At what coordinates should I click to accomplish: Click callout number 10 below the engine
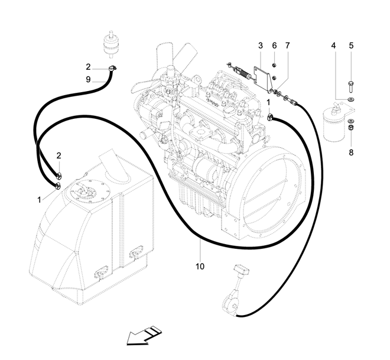200,267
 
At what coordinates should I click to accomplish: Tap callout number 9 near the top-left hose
88,79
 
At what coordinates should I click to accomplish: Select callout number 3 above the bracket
260,46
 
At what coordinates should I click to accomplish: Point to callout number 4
333,46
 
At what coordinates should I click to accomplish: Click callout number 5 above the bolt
350,46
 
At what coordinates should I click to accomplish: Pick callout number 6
274,46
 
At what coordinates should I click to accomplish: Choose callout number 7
288,46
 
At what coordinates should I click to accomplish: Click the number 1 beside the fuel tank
40,200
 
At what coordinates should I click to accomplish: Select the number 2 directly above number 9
88,67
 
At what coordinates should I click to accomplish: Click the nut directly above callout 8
350,127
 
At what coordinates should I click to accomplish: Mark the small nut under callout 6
275,64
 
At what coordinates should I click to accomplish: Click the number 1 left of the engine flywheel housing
269,102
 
